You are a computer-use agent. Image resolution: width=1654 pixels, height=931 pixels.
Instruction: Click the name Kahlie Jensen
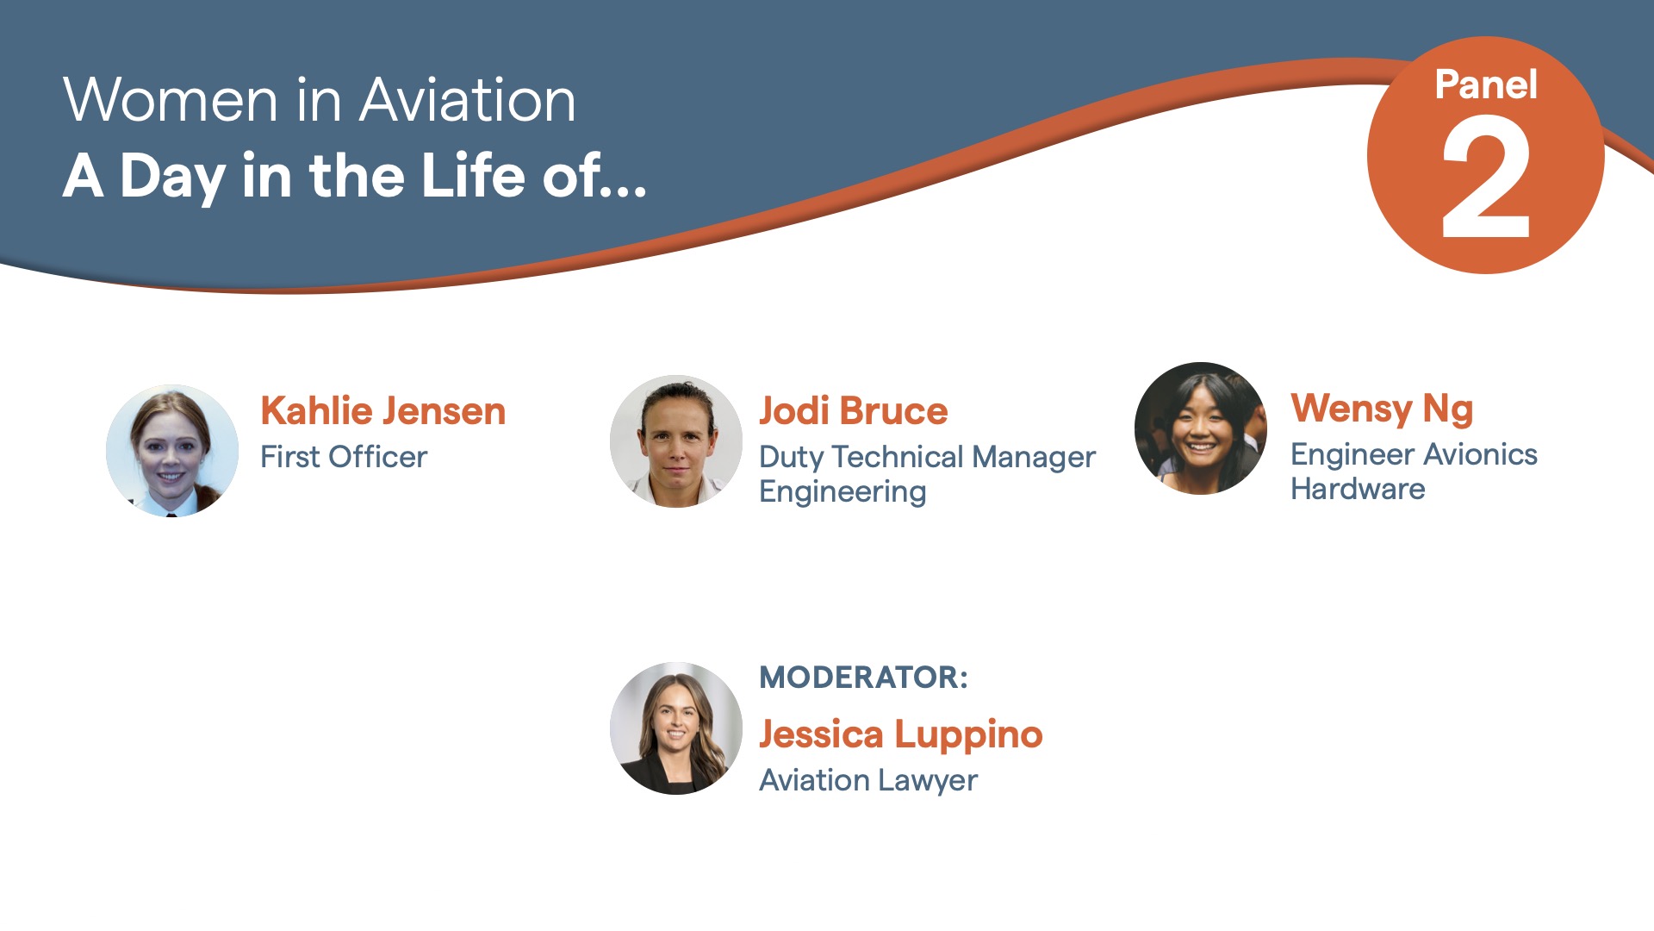pyautogui.click(x=383, y=411)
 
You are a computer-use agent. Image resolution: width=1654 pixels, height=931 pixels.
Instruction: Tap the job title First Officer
pyautogui.click(x=344, y=457)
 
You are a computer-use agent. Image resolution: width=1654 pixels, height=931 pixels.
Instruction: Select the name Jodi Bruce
pyautogui.click(x=854, y=411)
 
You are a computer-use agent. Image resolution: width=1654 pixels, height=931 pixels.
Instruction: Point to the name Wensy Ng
pyautogui.click(x=1383, y=409)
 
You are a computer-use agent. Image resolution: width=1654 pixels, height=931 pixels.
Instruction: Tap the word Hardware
pyautogui.click(x=1358, y=489)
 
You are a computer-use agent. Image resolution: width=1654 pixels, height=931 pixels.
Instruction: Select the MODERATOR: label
pyautogui.click(x=864, y=678)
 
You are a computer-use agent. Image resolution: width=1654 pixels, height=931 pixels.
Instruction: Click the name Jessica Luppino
pyautogui.click(x=901, y=735)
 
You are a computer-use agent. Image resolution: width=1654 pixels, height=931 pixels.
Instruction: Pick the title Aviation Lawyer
pyautogui.click(x=868, y=781)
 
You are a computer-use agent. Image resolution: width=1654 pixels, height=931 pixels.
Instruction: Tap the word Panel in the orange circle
pyautogui.click(x=1486, y=85)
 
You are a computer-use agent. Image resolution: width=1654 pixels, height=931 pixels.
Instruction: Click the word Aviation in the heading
pyautogui.click(x=468, y=101)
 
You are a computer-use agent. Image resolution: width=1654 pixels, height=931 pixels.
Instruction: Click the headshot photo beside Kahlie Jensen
pyautogui.click(x=172, y=451)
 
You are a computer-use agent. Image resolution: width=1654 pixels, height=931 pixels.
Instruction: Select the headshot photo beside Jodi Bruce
pyautogui.click(x=676, y=441)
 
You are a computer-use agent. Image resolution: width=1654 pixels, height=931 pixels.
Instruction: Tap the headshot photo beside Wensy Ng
pyautogui.click(x=1201, y=428)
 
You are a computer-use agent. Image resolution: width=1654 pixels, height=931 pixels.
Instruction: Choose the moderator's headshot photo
pyautogui.click(x=676, y=728)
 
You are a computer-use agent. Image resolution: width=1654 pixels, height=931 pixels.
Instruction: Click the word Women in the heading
pyautogui.click(x=171, y=101)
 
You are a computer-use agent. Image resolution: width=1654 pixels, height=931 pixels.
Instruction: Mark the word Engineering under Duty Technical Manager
pyautogui.click(x=843, y=492)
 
